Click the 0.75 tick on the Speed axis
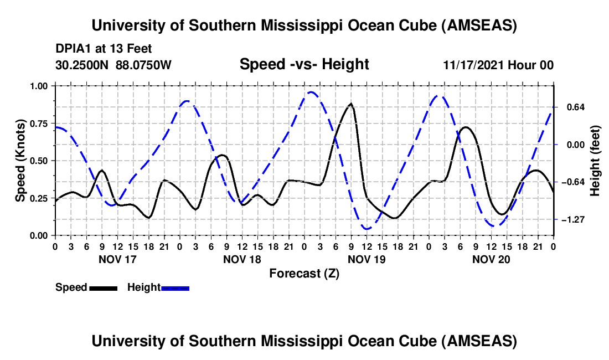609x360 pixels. (38, 124)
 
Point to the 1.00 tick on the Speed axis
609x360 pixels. (38, 86)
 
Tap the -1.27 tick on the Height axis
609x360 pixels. (572, 220)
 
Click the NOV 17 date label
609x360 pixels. (117, 259)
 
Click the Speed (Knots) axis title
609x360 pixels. (20, 161)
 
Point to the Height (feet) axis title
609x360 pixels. (595, 161)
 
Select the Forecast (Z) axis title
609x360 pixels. (304, 273)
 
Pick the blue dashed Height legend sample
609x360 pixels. (175, 287)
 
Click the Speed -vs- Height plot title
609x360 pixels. (304, 65)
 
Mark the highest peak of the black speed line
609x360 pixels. (351, 104)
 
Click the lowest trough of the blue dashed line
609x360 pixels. (367, 229)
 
